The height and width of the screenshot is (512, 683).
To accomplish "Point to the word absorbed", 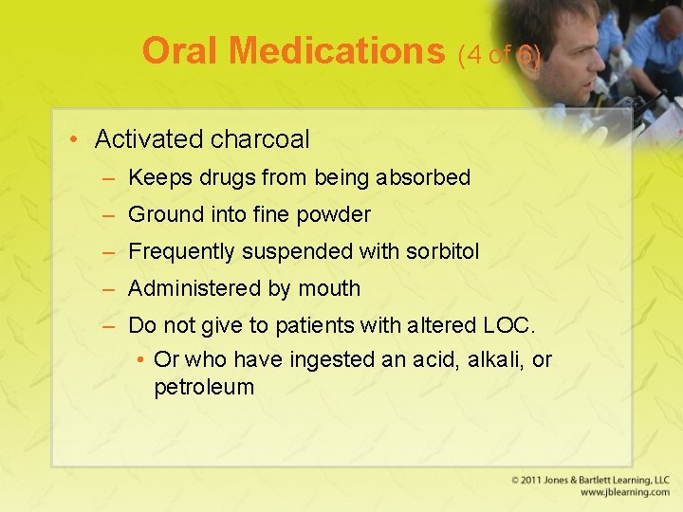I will [x=426, y=177].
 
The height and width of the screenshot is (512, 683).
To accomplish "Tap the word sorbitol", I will [x=443, y=251].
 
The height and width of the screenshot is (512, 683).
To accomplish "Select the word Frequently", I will [x=182, y=252].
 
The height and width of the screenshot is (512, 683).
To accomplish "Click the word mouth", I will [x=329, y=288].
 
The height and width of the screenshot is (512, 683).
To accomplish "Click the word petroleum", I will [x=204, y=387].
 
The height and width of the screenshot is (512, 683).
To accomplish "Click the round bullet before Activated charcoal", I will [x=74, y=140].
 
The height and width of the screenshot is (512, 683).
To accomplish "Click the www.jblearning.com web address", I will [x=624, y=493].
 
